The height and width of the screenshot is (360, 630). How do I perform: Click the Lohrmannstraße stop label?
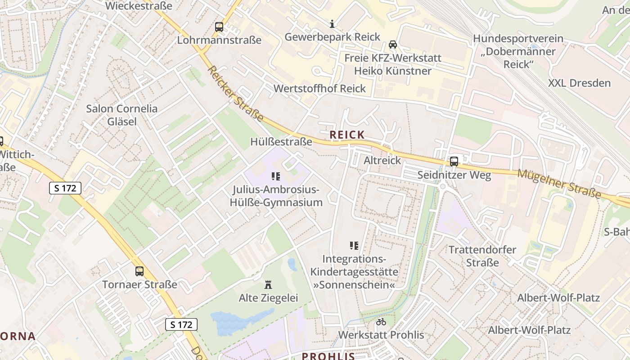219,40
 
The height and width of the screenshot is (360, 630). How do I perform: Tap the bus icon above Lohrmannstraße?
219,27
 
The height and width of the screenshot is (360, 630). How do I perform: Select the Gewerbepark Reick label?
333,37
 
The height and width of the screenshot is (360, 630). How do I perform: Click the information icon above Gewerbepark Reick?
332,24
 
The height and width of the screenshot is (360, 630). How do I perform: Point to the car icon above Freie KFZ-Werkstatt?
393,45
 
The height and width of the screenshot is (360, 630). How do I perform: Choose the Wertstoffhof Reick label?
320,88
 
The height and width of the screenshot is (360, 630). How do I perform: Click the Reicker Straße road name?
236,94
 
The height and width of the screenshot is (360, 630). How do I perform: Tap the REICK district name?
347,135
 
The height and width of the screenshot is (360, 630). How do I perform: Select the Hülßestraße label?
281,142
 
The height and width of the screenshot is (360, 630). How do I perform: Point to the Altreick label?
382,160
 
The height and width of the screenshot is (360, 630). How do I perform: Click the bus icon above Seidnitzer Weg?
454,162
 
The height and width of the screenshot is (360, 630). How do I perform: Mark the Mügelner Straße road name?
559,183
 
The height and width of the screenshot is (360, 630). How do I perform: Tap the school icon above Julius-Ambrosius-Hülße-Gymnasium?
276,176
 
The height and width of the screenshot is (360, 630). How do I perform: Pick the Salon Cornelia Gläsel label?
122,115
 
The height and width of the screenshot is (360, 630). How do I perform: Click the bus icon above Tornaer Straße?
139,271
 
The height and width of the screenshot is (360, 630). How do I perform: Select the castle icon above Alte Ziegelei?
269,285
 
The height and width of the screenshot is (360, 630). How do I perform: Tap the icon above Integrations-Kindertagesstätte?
354,246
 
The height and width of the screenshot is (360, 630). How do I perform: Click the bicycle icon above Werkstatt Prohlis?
381,322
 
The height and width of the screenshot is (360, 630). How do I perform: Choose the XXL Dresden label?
579,83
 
